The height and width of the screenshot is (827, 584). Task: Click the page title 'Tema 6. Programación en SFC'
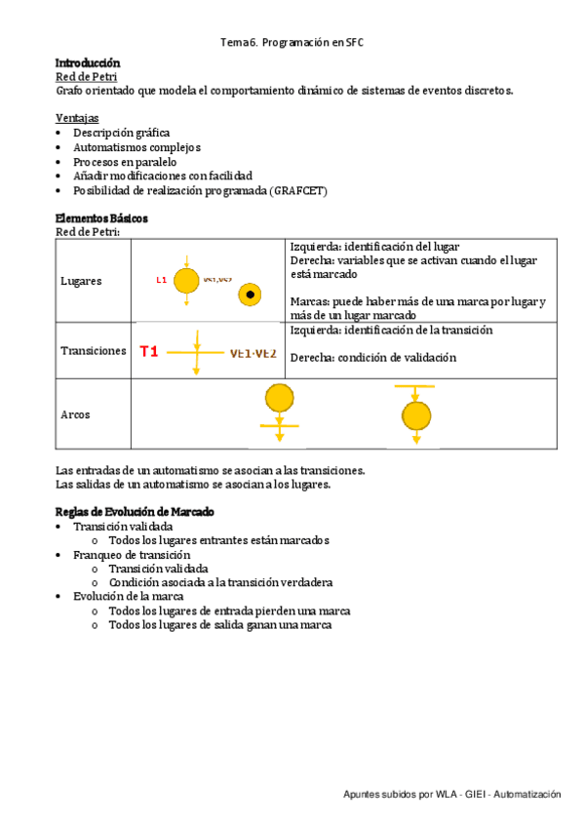coord(292,43)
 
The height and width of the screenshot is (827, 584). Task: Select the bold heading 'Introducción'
coord(88,62)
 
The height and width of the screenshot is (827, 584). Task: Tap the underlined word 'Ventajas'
coord(77,118)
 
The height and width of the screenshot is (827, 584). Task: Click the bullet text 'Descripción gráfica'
coord(122,133)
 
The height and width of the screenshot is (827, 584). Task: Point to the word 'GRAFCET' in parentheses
coord(298,190)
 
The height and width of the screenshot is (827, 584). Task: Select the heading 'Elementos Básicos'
coord(101,218)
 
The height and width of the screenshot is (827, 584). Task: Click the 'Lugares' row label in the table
coord(81,281)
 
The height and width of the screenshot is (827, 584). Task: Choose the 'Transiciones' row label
coord(93,351)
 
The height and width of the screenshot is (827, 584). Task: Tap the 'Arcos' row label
coord(75,414)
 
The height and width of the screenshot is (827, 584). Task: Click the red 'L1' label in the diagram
coord(162,281)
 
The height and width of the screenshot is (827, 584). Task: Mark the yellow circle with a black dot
coord(251,294)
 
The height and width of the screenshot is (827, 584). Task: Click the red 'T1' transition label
coord(148,351)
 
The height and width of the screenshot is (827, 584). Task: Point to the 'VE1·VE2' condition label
coord(253,353)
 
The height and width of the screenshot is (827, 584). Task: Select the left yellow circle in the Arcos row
coord(279,398)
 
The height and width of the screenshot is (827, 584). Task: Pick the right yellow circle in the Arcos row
coord(416,416)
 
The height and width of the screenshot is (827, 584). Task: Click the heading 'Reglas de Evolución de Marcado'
coord(135,512)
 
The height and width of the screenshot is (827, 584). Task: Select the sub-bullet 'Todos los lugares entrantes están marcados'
coord(218,540)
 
